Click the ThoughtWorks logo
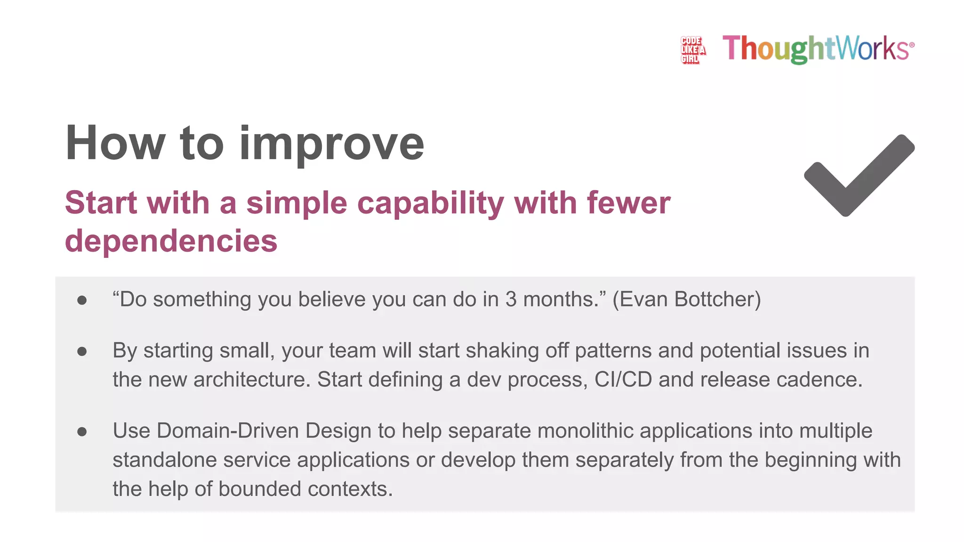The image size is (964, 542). [818, 48]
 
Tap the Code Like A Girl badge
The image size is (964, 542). [692, 50]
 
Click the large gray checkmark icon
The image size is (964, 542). [859, 176]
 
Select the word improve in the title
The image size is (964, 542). [332, 143]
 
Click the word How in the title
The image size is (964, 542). [115, 143]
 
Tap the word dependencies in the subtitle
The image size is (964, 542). [171, 241]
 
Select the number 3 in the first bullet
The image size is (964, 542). [511, 300]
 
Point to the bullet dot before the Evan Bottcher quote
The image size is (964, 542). [82, 300]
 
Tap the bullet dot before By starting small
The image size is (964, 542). [82, 351]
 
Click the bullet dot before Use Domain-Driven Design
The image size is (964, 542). [82, 431]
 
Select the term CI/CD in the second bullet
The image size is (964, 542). [623, 380]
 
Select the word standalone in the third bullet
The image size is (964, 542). [165, 460]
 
